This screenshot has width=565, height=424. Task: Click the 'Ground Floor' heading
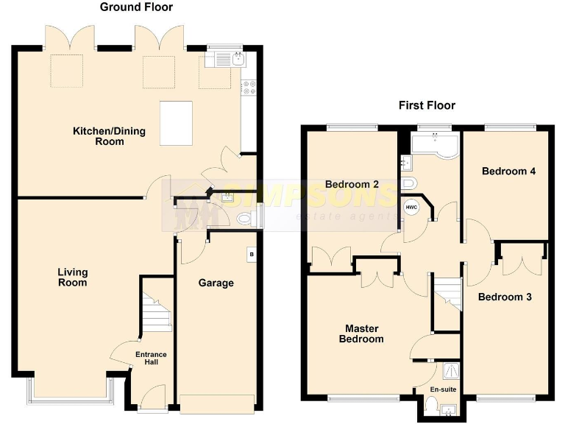coord(136,7)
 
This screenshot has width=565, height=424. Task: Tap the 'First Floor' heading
coord(427,105)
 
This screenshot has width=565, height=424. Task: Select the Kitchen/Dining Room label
coord(109,136)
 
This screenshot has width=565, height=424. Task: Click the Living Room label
coord(72,278)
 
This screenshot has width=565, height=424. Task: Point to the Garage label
coord(216,283)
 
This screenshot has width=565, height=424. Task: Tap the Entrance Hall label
coord(151,358)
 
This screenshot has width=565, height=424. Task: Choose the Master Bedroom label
coord(360,333)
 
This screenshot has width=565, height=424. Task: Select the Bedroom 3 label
coord(504,297)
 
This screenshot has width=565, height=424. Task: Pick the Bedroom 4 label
coord(508,172)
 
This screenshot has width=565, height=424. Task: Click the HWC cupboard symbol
coord(411,208)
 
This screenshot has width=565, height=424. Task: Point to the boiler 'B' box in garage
coord(252,255)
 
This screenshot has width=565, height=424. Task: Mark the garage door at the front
coord(217,402)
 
